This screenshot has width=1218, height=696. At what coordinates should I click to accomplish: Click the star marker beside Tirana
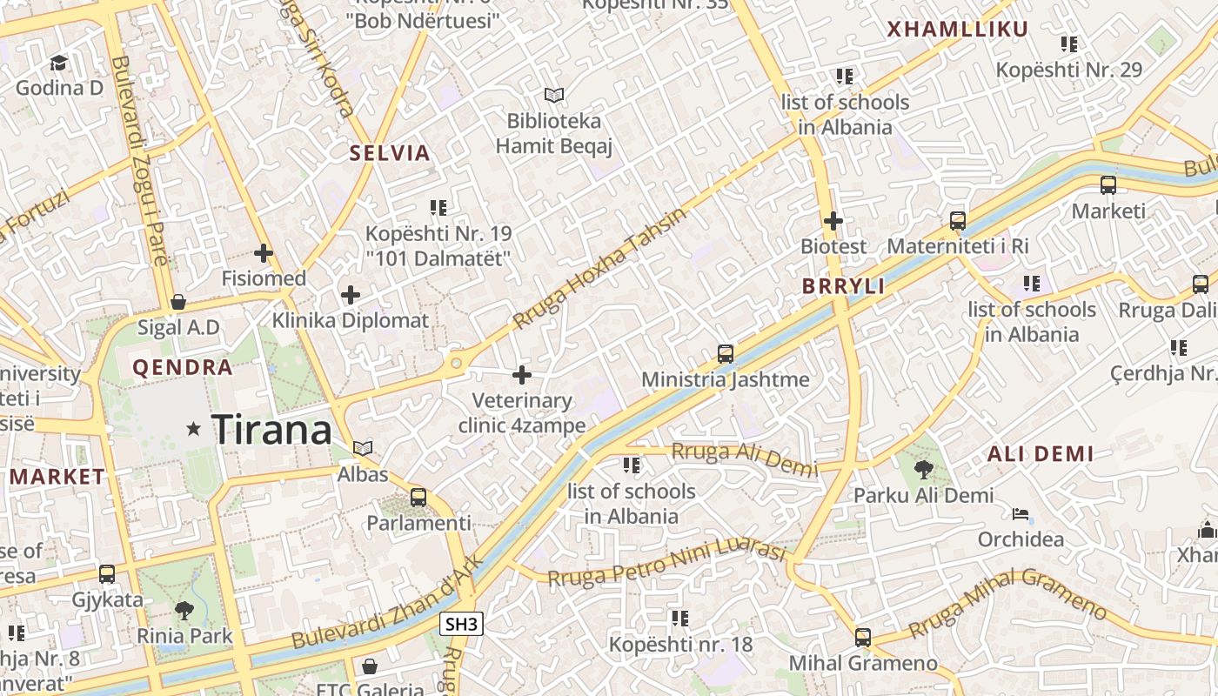[x=193, y=428]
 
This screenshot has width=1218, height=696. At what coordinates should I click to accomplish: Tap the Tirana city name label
[x=271, y=430]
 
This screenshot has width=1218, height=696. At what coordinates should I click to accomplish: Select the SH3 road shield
[x=461, y=624]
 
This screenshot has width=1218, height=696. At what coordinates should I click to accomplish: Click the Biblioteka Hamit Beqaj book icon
[x=554, y=95]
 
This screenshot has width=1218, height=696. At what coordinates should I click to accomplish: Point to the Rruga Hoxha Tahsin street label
[x=600, y=267]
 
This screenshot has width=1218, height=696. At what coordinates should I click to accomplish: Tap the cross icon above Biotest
[x=833, y=221]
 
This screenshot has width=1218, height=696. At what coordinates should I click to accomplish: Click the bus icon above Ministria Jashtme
[x=726, y=354]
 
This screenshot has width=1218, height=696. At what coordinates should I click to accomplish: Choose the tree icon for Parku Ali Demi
[x=923, y=470]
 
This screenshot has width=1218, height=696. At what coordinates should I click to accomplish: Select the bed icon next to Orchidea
[x=1021, y=514]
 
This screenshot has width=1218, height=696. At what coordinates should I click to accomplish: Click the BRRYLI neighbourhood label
[x=843, y=286]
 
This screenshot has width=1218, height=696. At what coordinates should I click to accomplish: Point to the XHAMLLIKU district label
[x=957, y=30]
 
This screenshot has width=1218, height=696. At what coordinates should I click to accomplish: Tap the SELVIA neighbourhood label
[x=390, y=153]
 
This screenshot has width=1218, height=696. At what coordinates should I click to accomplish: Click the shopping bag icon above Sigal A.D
[x=178, y=302]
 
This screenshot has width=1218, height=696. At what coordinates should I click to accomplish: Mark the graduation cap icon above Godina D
[x=59, y=63]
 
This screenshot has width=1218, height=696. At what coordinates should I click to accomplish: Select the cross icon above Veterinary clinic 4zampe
[x=522, y=375]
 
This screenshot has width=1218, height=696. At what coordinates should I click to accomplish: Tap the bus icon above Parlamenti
[x=418, y=498]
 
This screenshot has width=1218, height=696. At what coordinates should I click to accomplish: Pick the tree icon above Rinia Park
[x=184, y=610]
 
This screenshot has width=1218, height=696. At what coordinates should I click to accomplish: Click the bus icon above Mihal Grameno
[x=863, y=638]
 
